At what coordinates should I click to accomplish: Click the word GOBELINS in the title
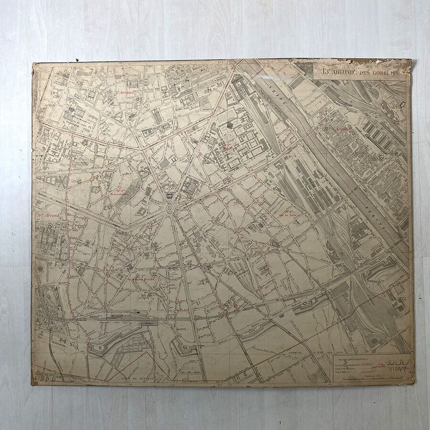(391, 72)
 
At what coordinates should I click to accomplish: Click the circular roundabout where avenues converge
(170, 208)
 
